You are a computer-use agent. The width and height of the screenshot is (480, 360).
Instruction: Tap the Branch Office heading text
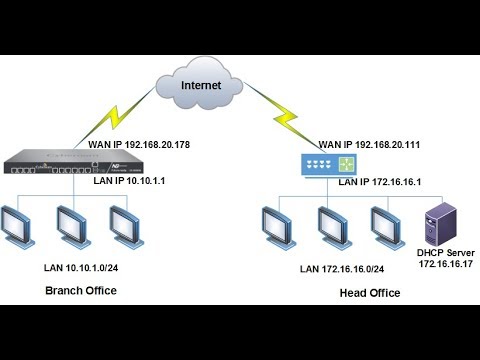click(x=81, y=290)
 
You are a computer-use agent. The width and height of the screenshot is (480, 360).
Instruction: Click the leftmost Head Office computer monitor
click(x=276, y=224)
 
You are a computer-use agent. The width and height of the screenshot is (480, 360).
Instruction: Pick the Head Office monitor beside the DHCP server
click(x=384, y=224)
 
